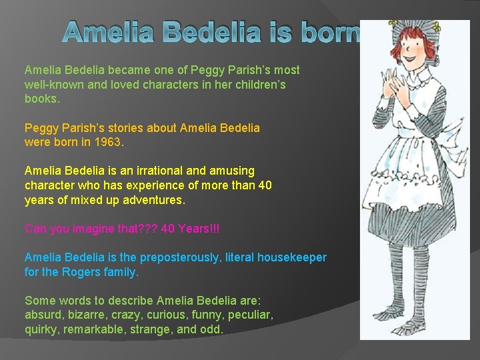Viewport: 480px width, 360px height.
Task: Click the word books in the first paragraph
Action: point(39,99)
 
